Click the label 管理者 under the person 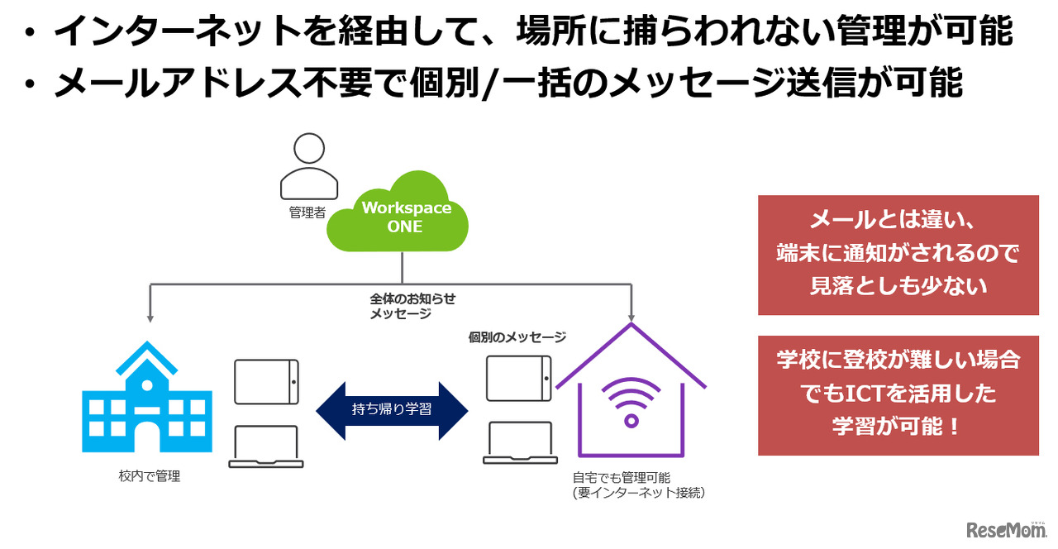[307, 212]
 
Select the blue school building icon [146, 398]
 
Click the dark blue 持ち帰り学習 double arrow [391, 410]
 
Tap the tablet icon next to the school [266, 382]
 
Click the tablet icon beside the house [518, 378]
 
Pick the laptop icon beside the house [517, 443]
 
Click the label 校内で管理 [150, 476]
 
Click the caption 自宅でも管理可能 [621, 477]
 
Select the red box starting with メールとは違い [898, 255]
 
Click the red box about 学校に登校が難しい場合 [898, 394]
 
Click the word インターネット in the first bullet [183, 32]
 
